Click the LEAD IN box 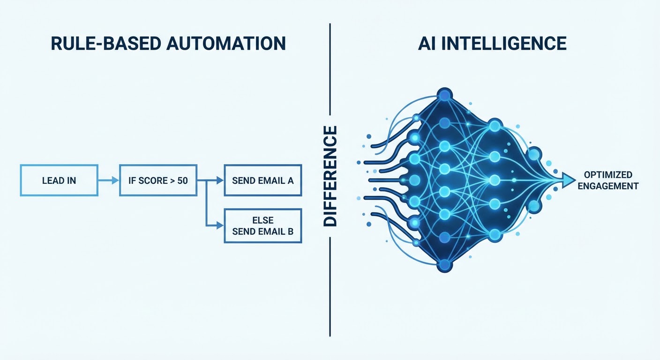click(59, 180)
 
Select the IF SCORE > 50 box click(158, 180)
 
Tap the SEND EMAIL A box click(262, 180)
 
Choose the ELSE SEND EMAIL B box click(262, 226)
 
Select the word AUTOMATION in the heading click(225, 44)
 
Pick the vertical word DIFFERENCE click(330, 176)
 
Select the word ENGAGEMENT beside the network click(608, 186)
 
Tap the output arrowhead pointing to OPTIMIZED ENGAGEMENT click(569, 179)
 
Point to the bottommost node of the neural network click(444, 266)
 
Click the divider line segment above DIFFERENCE click(330, 70)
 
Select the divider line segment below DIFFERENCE click(330, 286)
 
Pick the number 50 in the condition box click(182, 180)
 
